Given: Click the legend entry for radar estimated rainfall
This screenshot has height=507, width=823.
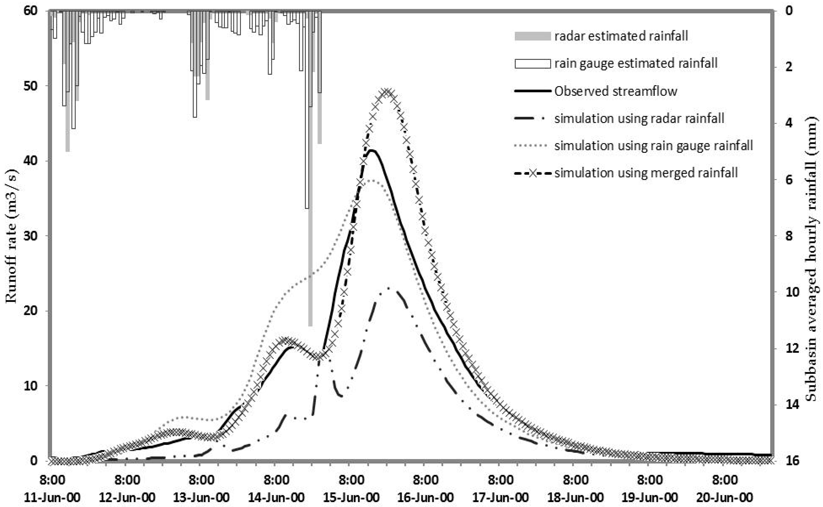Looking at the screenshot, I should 621,36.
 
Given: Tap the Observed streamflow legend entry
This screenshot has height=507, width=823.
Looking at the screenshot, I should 615,91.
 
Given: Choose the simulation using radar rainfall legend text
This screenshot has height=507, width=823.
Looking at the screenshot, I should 639,118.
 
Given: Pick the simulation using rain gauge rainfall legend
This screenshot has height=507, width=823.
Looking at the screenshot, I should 653,146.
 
